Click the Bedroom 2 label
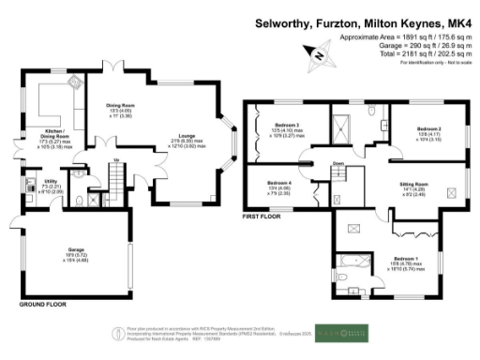click(x=429, y=127)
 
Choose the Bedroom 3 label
click(x=287, y=125)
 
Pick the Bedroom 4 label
click(x=279, y=182)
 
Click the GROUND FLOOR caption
click(x=44, y=305)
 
